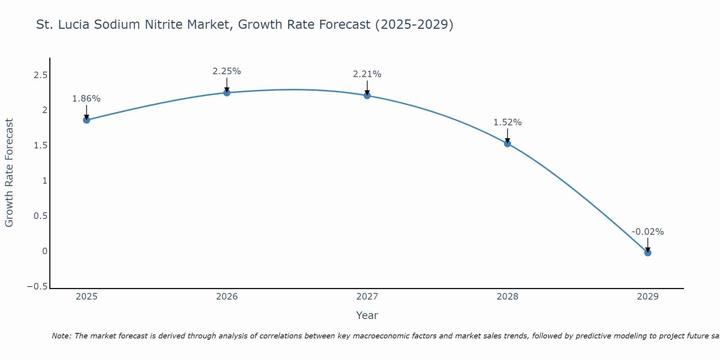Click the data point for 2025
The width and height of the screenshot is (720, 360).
click(86, 120)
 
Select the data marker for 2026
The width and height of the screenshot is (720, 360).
click(227, 93)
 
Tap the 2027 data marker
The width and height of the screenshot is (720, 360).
click(367, 95)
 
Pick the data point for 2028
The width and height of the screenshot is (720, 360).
click(508, 144)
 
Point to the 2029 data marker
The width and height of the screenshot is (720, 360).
click(648, 253)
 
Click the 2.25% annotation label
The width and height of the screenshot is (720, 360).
click(227, 71)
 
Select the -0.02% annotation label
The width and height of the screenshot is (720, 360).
click(648, 232)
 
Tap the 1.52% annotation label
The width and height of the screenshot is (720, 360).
click(508, 122)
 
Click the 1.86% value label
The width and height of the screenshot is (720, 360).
click(86, 99)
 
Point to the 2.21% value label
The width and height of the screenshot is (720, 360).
click(367, 74)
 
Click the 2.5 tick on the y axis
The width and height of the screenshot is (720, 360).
click(40, 75)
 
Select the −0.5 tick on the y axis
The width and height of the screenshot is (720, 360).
click(37, 287)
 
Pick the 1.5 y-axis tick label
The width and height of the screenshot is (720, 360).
click(40, 145)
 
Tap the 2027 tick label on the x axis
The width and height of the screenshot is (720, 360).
click(367, 297)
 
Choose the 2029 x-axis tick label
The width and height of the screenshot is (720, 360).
click(648, 297)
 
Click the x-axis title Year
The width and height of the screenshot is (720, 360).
click(367, 315)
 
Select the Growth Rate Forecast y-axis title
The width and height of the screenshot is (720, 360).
click(9, 173)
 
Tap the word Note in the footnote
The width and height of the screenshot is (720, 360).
click(62, 336)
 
